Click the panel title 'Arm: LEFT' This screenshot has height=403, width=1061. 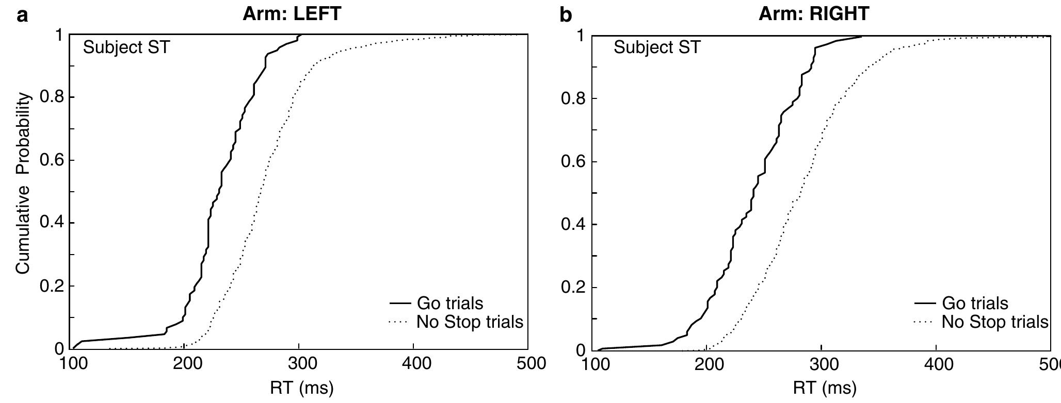pos(292,14)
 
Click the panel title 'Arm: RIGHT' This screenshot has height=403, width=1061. pos(814,14)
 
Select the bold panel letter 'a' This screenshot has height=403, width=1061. pos(22,15)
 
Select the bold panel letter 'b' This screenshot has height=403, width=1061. pos(566,15)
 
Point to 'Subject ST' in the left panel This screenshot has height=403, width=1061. pos(126,48)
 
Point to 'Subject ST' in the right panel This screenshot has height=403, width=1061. pos(657,48)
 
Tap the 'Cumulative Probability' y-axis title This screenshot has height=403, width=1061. pos(23,183)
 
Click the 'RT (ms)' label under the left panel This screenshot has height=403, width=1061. pos(302,387)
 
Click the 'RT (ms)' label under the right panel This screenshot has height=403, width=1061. pos(824,387)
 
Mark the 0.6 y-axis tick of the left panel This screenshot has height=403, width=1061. pos(52,160)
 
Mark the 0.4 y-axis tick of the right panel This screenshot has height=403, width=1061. pos(573,225)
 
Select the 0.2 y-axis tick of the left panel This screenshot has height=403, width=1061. pos(52,286)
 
